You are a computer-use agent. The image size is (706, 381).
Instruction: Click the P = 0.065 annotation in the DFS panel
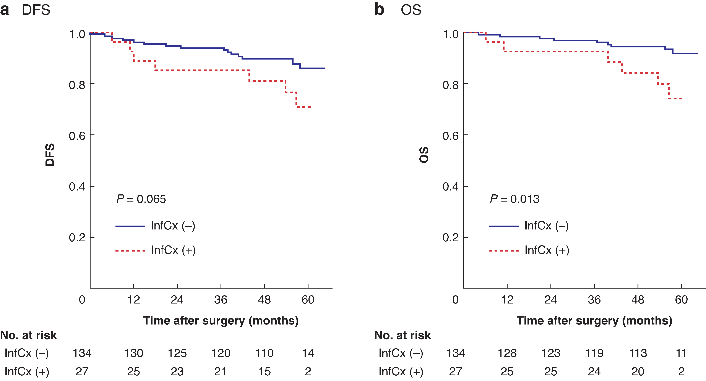point(141,199)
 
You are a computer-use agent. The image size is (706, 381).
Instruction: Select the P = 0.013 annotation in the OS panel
point(514,199)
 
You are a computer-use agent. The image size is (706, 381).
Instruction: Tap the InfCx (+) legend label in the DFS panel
point(173,250)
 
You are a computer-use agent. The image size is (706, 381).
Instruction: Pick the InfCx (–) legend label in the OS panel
point(547,226)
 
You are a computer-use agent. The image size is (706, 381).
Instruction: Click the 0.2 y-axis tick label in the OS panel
point(451,237)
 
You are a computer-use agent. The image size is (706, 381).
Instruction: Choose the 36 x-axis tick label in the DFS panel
point(221,300)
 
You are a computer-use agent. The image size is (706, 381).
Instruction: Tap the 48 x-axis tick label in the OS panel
point(638,300)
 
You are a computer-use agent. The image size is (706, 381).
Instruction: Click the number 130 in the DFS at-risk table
point(133,353)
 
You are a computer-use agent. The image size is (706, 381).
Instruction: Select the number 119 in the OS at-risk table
point(594,353)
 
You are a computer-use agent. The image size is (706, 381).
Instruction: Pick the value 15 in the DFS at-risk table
point(265,371)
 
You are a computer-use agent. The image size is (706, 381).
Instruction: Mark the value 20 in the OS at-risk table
point(638,371)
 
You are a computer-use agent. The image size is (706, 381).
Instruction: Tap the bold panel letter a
point(5,10)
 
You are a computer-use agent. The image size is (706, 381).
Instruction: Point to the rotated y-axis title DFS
point(50,155)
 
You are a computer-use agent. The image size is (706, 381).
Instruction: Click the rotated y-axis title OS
point(424,155)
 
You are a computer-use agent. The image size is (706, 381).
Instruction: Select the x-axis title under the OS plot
point(594,321)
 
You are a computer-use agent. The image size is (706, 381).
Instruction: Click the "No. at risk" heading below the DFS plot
point(29,335)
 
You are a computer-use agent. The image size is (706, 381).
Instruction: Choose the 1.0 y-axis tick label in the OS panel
point(451,34)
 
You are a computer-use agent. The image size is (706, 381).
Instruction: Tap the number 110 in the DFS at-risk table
point(265,353)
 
